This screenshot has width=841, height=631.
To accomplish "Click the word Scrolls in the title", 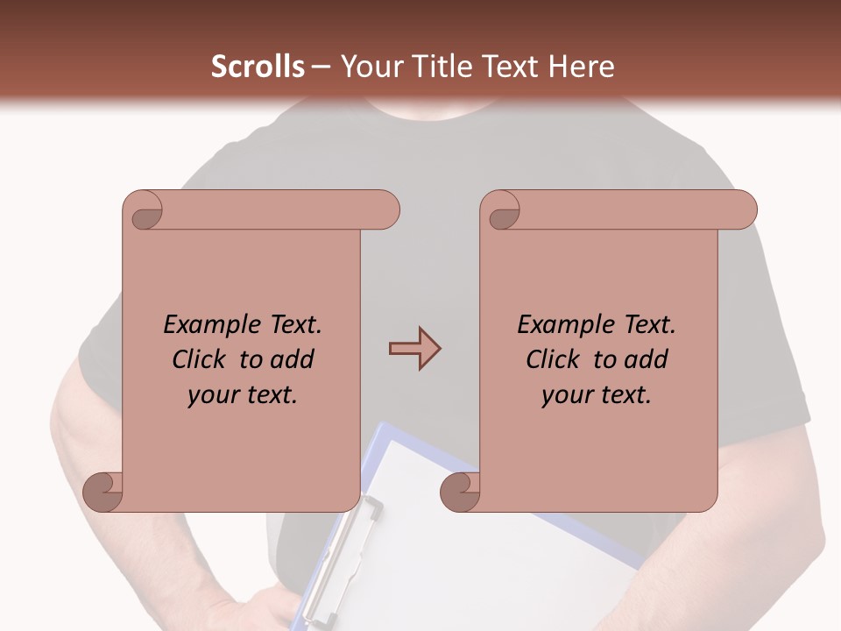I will point(258,67).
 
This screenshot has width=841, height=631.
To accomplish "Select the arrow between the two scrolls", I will point(414,349).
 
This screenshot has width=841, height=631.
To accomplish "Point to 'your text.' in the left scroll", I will point(243,394).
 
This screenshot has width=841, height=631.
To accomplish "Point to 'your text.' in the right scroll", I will point(597,394).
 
